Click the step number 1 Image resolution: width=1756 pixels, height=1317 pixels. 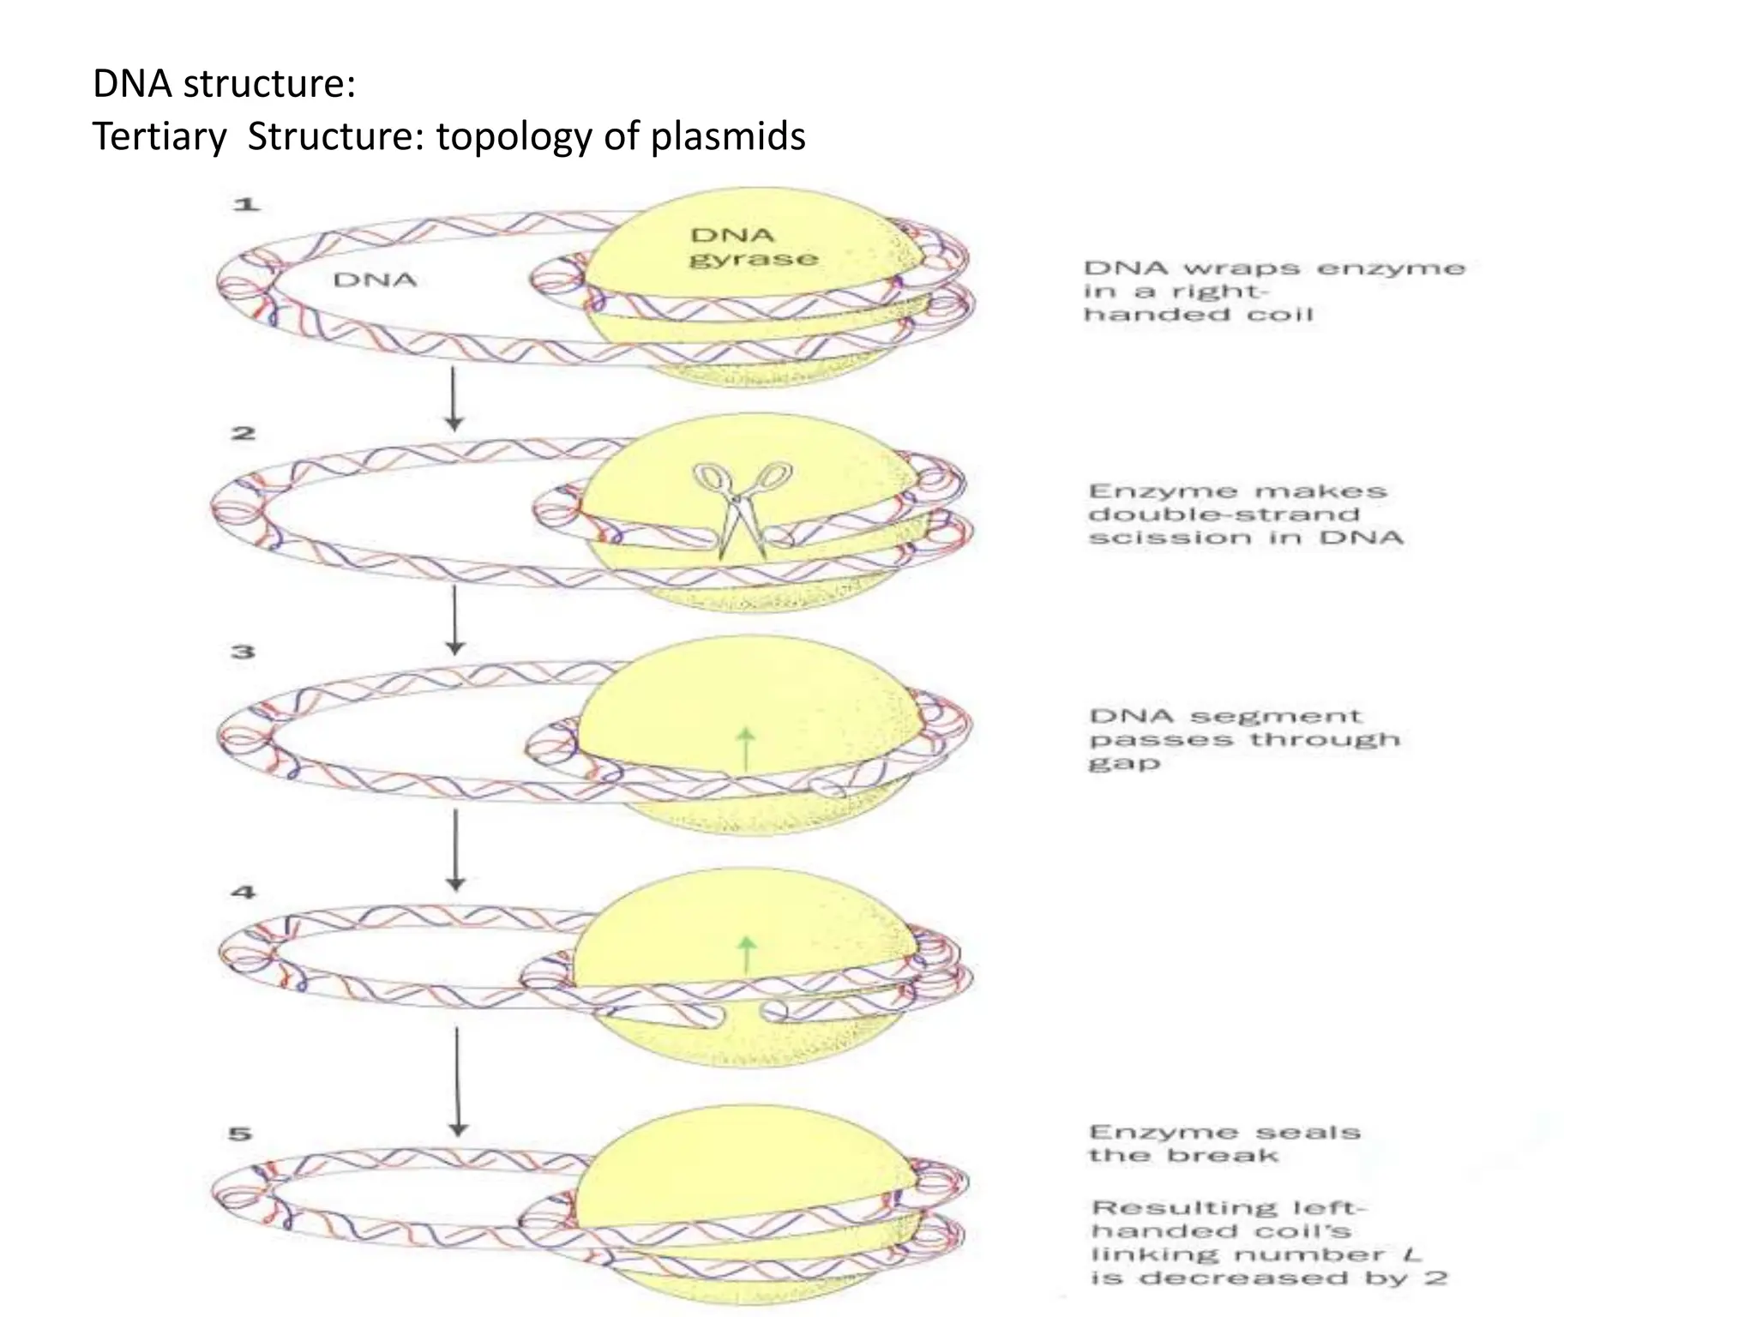pos(246,204)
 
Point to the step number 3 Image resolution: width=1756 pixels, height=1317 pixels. pos(244,652)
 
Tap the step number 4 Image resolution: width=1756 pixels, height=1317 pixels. pos(244,892)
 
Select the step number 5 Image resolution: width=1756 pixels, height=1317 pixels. pos(241,1134)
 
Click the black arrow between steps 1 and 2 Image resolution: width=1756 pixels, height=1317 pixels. pos(454,400)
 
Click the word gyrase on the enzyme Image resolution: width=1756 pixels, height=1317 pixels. pos(753,259)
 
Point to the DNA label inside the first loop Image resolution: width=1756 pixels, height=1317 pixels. pos(375,280)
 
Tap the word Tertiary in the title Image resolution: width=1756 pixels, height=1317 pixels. pos(159,136)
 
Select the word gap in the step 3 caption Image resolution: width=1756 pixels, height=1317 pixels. pos(1124,763)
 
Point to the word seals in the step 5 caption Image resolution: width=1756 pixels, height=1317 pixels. pos(1308,1133)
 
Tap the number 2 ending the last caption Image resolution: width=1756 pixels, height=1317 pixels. pos(1436,1278)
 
